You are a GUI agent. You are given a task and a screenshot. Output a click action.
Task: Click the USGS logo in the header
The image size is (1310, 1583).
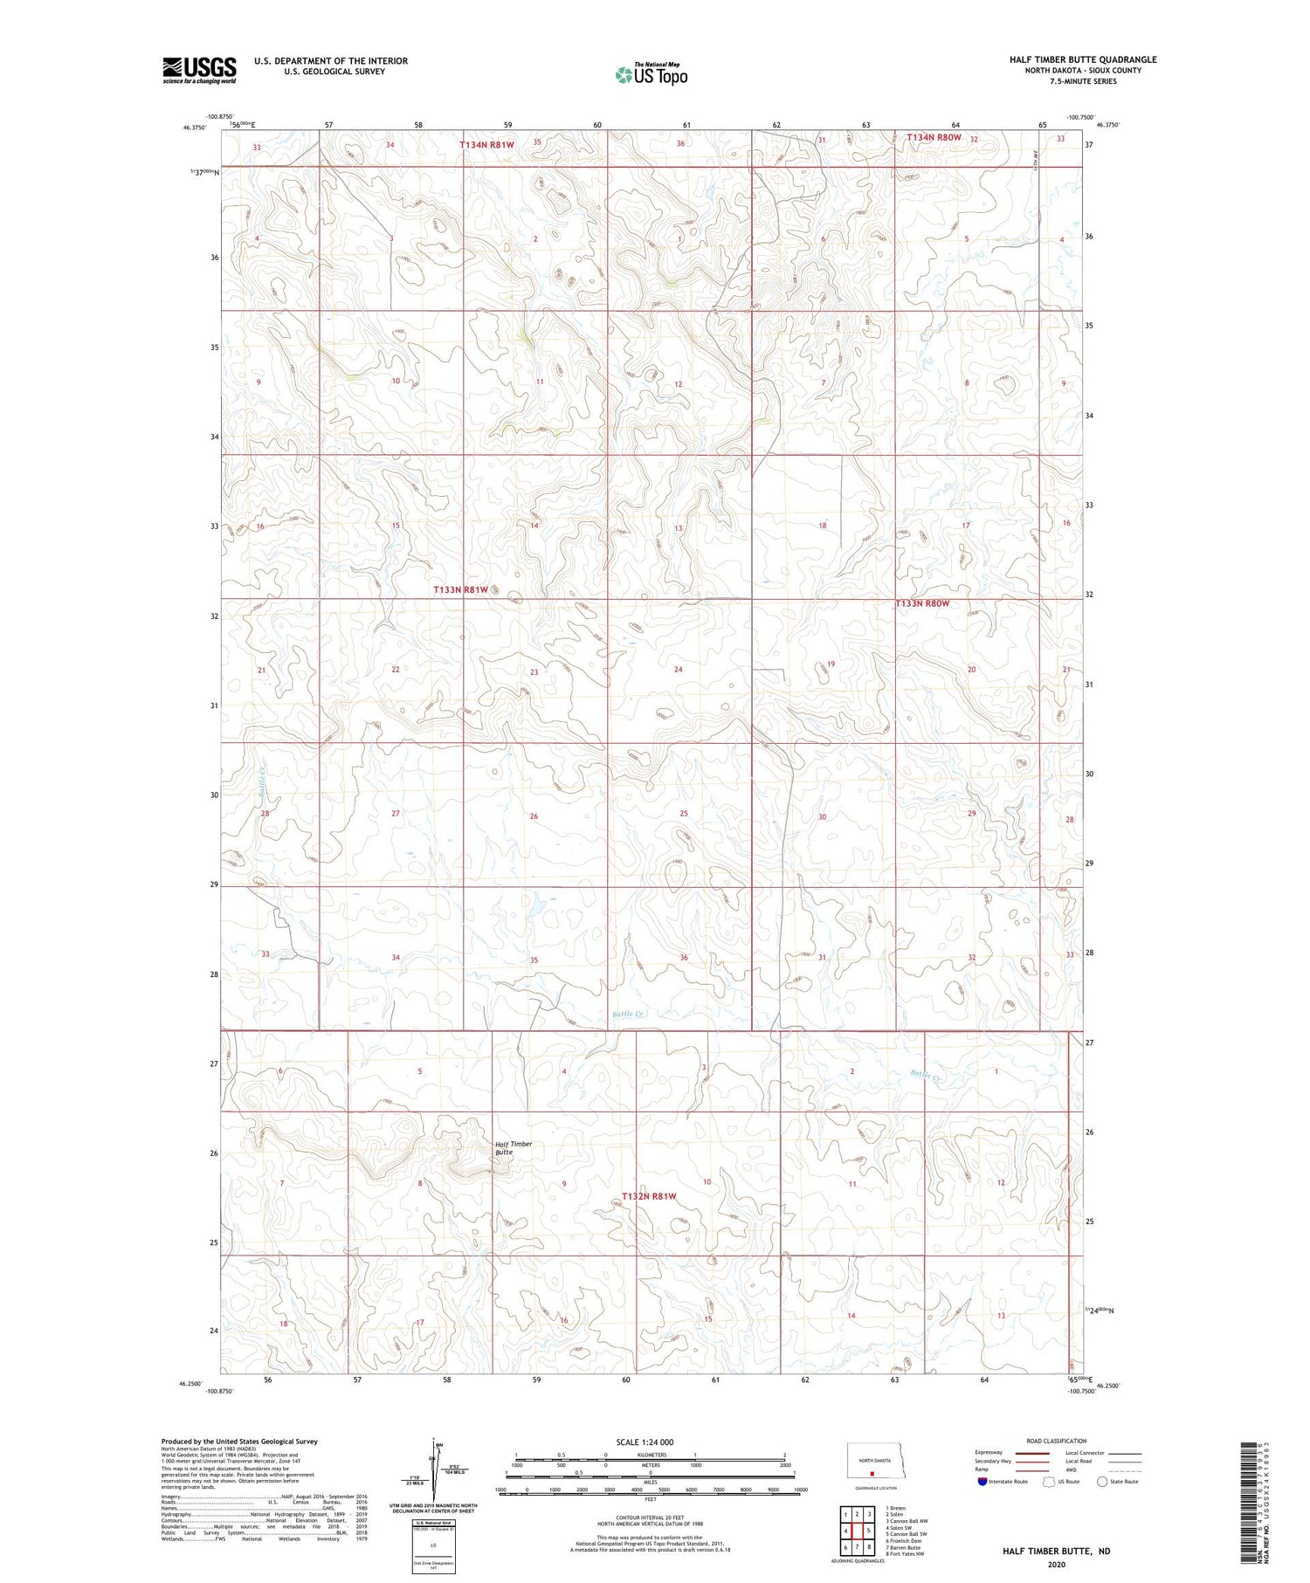(199, 70)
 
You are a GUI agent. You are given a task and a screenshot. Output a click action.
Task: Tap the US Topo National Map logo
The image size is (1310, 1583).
(652, 74)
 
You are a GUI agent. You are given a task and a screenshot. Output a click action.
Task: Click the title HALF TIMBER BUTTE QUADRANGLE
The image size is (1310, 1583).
(1083, 59)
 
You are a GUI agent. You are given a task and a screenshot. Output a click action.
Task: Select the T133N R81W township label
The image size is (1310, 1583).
(461, 590)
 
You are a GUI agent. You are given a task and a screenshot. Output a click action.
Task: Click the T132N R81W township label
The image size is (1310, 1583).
(649, 1195)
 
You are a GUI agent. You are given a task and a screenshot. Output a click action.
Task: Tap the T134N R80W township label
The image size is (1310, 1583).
(934, 137)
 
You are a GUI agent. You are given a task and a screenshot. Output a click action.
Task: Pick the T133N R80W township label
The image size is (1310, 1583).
(922, 603)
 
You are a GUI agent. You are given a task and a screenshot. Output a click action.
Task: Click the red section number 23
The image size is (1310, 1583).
(534, 671)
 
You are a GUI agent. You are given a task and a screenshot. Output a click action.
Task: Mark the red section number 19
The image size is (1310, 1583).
(831, 664)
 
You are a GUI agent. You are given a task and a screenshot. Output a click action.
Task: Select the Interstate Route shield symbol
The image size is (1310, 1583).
(983, 1481)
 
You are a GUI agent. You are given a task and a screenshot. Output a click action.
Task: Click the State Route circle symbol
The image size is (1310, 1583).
(1102, 1481)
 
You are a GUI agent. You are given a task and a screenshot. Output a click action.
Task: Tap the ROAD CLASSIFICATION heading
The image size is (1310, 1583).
(1057, 1441)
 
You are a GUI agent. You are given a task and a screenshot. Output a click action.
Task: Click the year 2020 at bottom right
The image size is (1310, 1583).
(1057, 1564)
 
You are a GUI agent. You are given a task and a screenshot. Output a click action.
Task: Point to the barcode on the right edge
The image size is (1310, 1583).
(1258, 1501)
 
